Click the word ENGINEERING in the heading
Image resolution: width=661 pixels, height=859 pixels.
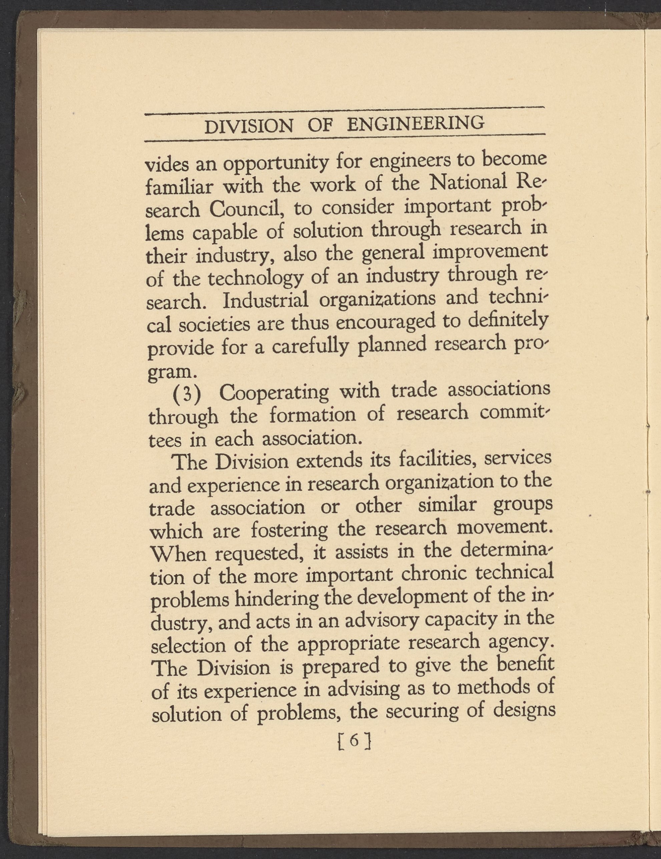pos(416,124)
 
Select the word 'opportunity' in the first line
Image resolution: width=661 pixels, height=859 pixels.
pos(276,163)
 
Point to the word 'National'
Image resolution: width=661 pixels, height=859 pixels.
pos(469,182)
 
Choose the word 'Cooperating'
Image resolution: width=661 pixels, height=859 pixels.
pos(274,392)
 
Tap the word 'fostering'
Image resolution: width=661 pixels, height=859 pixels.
pos(289,530)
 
